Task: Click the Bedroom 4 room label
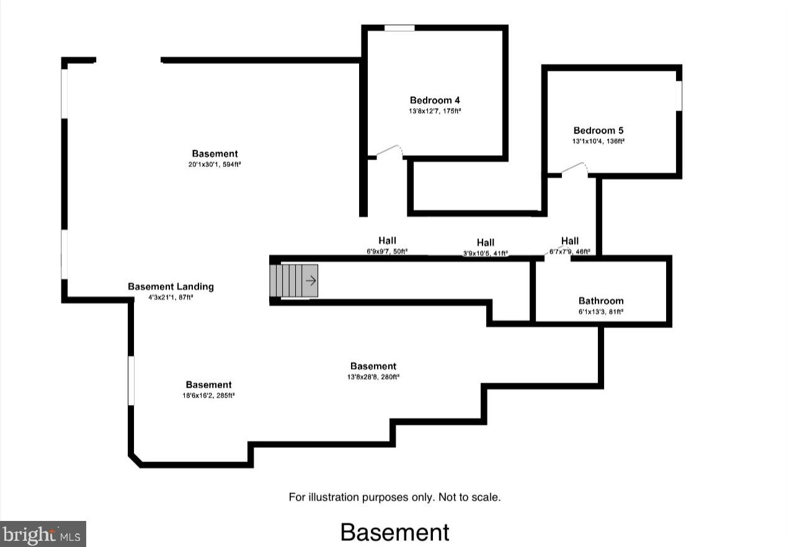click(x=434, y=100)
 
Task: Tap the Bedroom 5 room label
click(x=598, y=131)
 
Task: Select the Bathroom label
click(x=601, y=301)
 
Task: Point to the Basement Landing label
click(x=171, y=287)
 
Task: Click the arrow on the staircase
click(x=311, y=281)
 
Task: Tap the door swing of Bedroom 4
click(x=391, y=151)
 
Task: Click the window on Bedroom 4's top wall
click(x=399, y=28)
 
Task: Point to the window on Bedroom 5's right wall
click(x=678, y=96)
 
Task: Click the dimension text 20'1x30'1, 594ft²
click(x=215, y=165)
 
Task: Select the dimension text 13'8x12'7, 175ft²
click(x=434, y=112)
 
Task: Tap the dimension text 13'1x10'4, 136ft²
click(x=598, y=141)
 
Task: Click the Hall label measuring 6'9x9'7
click(x=387, y=241)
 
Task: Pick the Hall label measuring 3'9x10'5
click(x=486, y=242)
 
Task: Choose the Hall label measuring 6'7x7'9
click(x=570, y=241)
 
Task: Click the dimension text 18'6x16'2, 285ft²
click(x=208, y=395)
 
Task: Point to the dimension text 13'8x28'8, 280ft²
click(x=373, y=376)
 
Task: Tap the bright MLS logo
click(x=42, y=533)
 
